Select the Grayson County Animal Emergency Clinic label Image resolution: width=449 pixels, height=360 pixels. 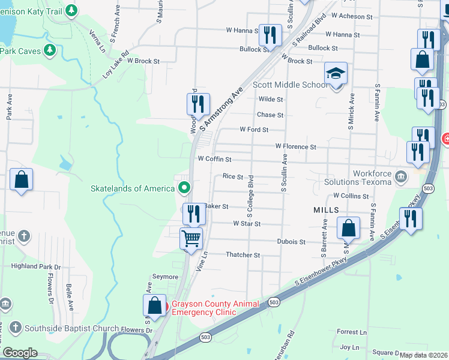[x=215, y=307]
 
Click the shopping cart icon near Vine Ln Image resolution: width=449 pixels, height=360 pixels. [x=191, y=238]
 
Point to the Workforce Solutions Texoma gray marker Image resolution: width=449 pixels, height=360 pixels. [x=402, y=176]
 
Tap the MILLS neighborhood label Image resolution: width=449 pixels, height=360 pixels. [x=326, y=210]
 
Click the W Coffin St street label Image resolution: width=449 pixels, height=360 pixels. [x=214, y=160]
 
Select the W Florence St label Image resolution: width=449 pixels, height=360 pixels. [x=295, y=146]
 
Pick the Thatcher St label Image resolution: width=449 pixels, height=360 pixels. [x=243, y=255]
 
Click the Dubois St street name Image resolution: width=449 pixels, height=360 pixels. [x=291, y=242]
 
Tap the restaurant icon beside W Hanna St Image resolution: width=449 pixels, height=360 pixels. [x=270, y=35]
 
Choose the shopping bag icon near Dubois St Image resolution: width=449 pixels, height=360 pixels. [x=348, y=228]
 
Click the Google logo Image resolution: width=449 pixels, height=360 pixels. [x=19, y=353]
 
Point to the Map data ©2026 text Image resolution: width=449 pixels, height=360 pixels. [x=423, y=355]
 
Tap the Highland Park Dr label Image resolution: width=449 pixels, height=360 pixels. [x=36, y=266]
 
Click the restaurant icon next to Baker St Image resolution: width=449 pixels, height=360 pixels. [x=194, y=214]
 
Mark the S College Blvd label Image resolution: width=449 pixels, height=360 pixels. [x=250, y=196]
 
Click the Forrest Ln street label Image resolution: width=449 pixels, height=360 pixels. [x=352, y=332]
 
